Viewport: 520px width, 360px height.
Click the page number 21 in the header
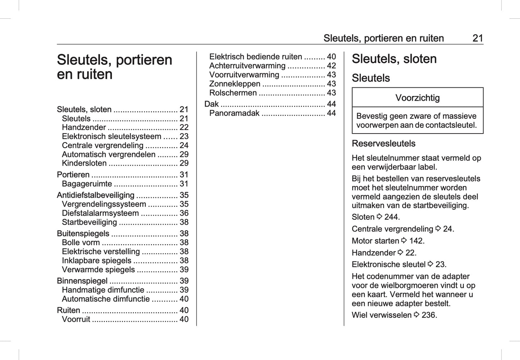(x=478, y=38)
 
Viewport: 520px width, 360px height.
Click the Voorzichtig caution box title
(x=417, y=98)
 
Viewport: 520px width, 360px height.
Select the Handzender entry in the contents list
(x=84, y=127)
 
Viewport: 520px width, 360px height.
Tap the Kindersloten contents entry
(x=84, y=163)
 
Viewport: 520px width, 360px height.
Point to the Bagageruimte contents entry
(x=87, y=184)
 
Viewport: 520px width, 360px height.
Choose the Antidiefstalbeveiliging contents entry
(x=95, y=195)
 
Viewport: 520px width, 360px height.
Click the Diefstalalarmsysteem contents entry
(x=100, y=213)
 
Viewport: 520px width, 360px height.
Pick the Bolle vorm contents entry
(x=81, y=243)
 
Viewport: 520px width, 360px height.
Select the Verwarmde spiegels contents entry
(x=98, y=270)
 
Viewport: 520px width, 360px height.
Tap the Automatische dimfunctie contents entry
(x=105, y=299)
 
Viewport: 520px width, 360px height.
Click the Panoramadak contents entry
(x=234, y=113)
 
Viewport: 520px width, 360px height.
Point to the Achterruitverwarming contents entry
(x=247, y=66)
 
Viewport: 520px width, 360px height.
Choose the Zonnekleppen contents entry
(x=235, y=84)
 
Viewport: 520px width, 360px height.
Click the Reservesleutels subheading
(x=383, y=144)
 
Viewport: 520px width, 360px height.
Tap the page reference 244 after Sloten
(x=392, y=217)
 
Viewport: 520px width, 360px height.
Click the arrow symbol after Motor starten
(x=404, y=240)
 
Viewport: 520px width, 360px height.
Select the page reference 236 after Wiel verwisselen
(x=429, y=315)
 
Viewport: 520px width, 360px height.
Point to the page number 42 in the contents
(x=331, y=66)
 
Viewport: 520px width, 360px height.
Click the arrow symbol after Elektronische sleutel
(x=430, y=264)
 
